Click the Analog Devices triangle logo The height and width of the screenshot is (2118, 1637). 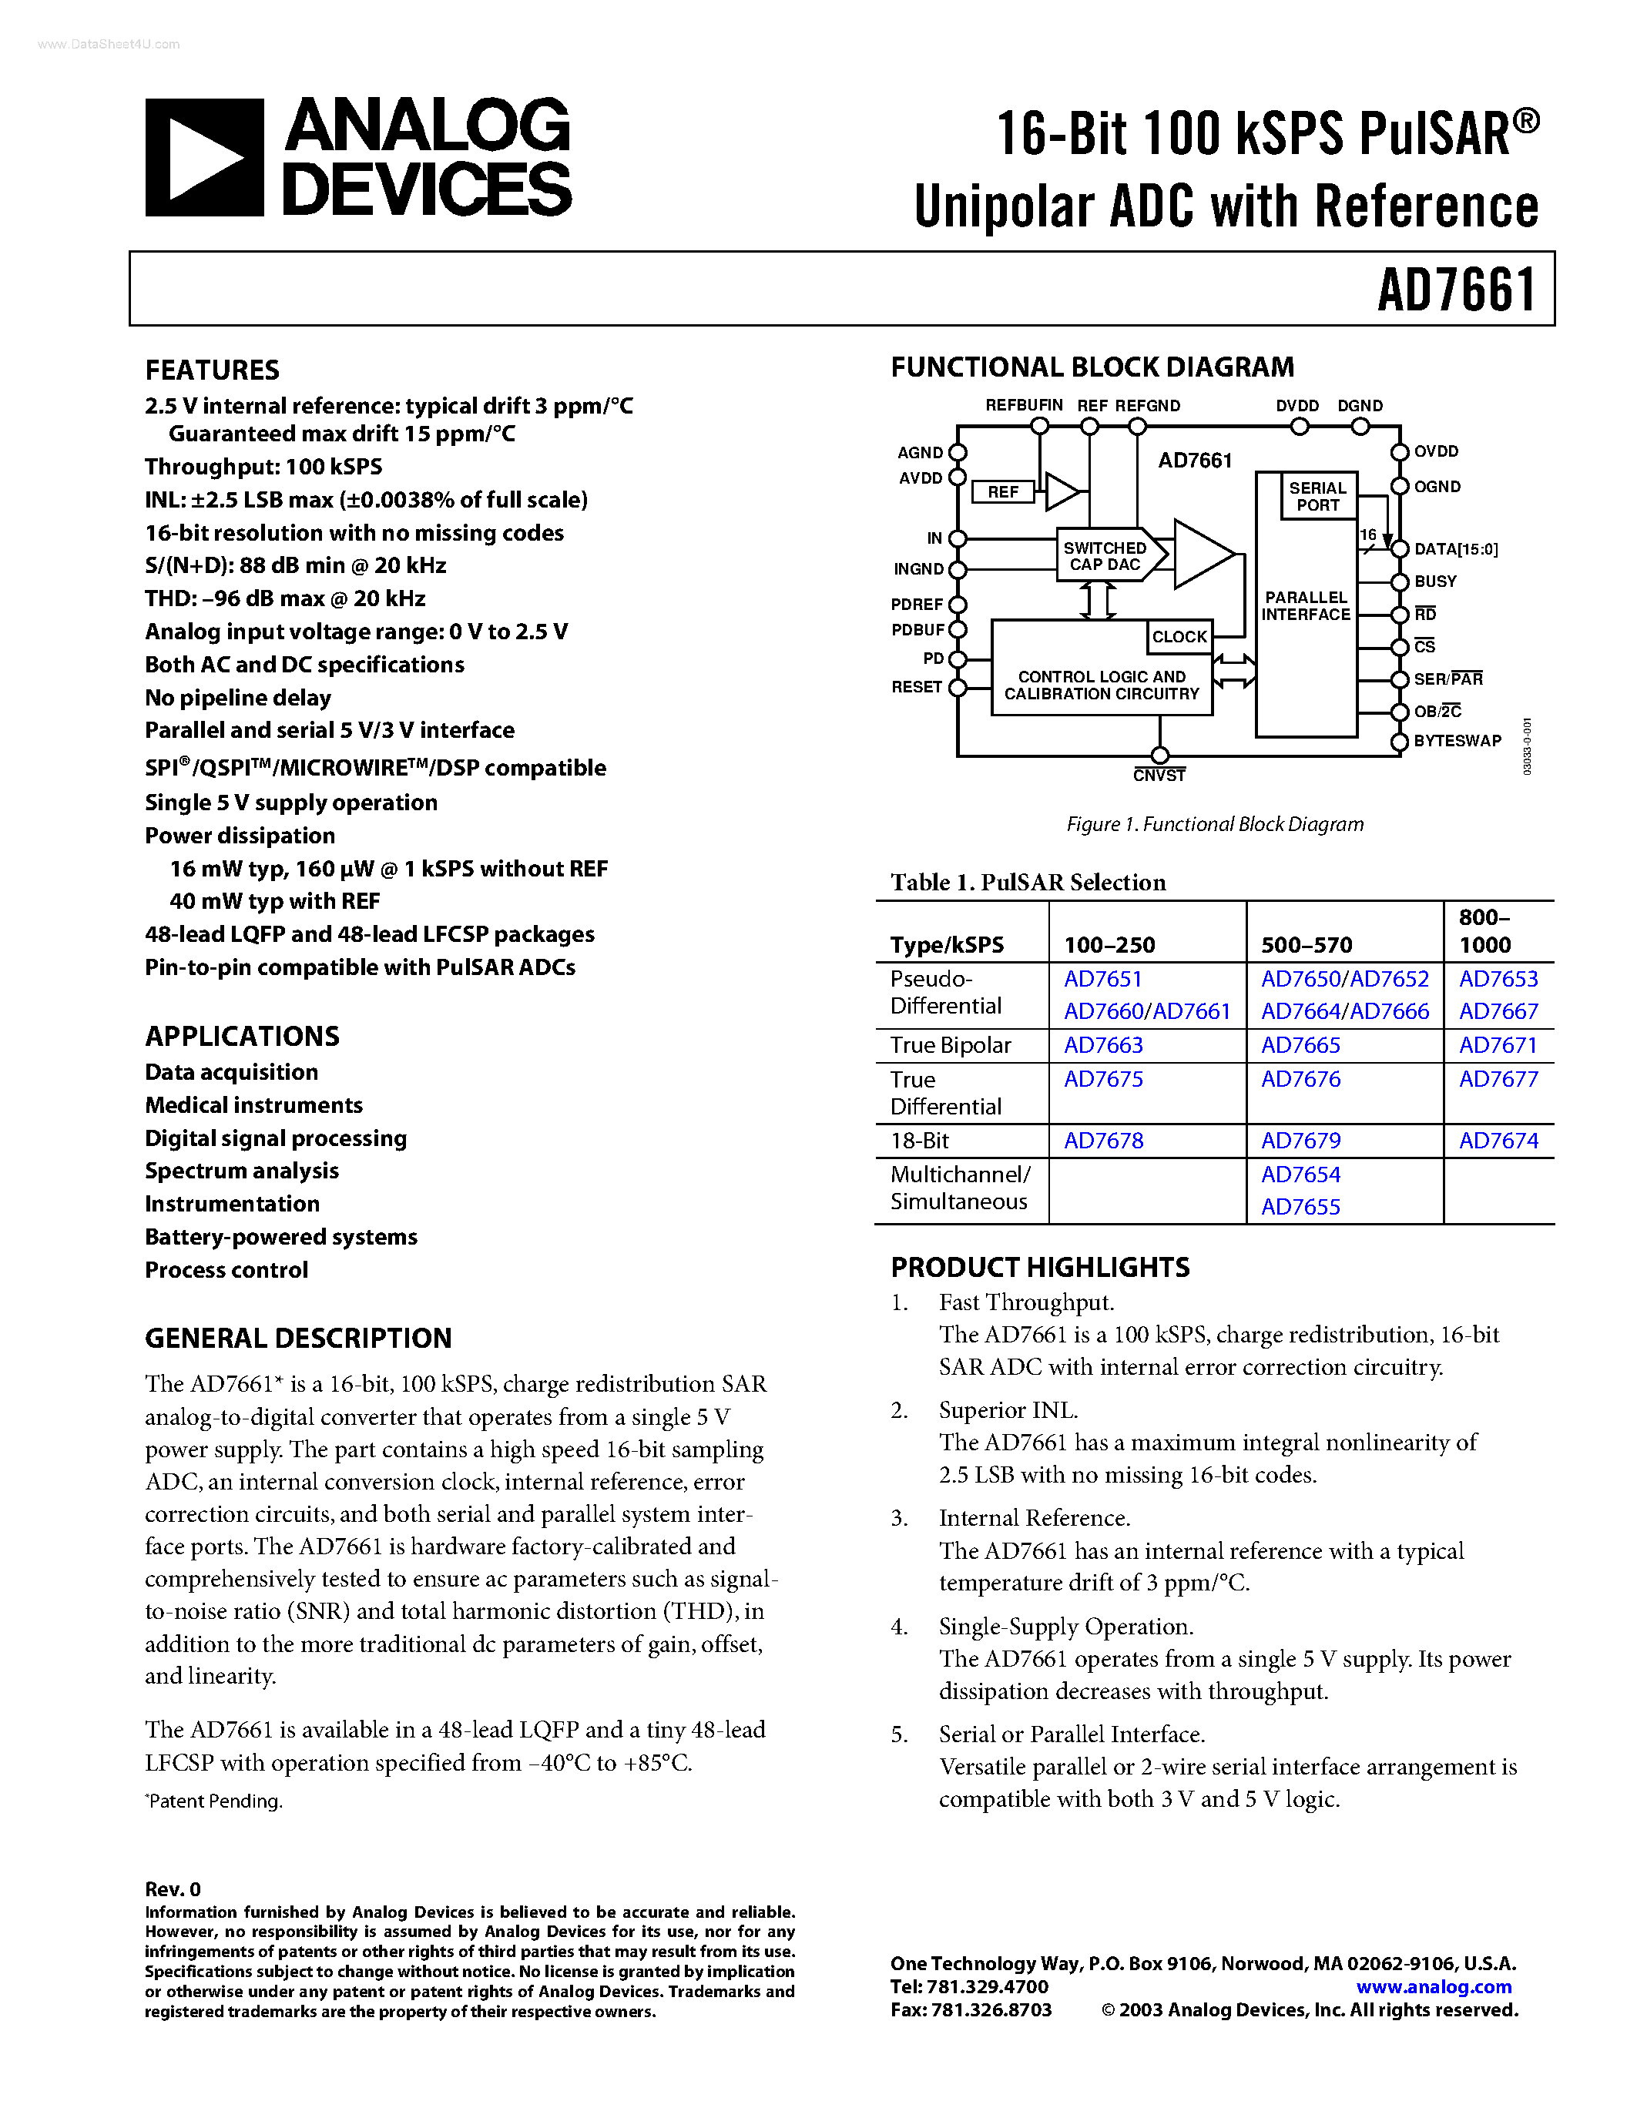click(x=203, y=157)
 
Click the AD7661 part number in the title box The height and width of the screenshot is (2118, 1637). click(x=1457, y=290)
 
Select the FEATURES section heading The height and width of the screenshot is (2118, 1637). click(x=213, y=370)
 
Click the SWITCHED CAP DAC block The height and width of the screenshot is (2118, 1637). click(x=1105, y=555)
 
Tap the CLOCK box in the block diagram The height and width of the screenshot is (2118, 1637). click(x=1179, y=637)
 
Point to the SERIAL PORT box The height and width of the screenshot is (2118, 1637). click(x=1317, y=495)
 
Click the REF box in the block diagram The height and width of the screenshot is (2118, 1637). click(x=1003, y=491)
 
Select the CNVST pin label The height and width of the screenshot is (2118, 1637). click(x=1159, y=776)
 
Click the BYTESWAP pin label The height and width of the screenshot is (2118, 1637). click(x=1457, y=741)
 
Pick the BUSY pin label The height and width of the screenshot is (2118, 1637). click(x=1435, y=581)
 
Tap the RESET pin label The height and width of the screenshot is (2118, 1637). click(x=917, y=686)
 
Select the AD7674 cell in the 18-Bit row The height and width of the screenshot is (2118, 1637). click(x=1498, y=1141)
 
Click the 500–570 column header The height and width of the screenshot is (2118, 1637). click(x=1300, y=944)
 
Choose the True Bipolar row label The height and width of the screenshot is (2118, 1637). click(x=951, y=1045)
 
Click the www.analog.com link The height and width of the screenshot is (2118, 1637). click(x=1434, y=1986)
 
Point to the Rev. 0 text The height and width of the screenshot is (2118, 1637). click(x=173, y=1889)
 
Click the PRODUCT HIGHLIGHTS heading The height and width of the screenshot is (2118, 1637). click(x=1040, y=1268)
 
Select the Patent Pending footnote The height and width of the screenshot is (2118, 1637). click(x=214, y=1801)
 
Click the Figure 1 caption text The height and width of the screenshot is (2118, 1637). click(x=1214, y=824)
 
